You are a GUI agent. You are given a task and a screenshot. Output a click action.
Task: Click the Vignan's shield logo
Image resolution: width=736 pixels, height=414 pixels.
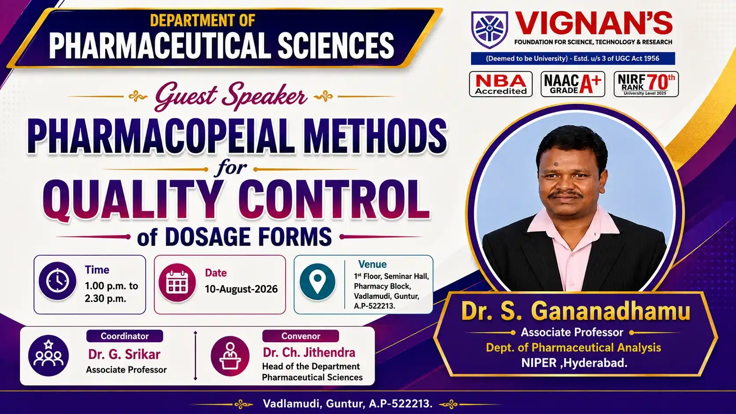(489, 29)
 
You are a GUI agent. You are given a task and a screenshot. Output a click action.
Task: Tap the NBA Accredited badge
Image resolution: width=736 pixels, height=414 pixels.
(501, 84)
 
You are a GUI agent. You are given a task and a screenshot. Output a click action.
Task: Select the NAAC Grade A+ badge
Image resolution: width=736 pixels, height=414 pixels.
(573, 84)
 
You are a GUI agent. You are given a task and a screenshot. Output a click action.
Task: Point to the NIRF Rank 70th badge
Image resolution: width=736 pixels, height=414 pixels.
(646, 84)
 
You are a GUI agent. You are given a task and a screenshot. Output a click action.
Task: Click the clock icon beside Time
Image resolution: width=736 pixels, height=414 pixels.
(58, 281)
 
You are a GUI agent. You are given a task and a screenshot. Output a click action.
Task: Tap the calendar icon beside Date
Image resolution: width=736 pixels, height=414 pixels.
(177, 283)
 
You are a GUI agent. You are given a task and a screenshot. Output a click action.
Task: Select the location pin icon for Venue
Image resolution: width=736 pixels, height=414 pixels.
(317, 282)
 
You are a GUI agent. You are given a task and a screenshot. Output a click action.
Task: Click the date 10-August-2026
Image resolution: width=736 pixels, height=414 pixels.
(241, 289)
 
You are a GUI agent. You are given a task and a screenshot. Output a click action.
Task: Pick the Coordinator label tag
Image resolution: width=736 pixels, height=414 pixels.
(125, 336)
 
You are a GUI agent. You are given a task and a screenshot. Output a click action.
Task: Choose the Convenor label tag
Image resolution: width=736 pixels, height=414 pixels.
(301, 336)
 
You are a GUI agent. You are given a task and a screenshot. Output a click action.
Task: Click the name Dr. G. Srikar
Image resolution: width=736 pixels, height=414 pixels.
(124, 354)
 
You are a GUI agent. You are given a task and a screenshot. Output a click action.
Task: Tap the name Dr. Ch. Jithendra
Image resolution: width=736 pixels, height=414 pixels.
(309, 352)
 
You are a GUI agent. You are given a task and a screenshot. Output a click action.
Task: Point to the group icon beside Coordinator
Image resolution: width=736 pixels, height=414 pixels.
(48, 355)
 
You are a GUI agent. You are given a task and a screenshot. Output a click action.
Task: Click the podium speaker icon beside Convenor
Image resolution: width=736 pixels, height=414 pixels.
(230, 356)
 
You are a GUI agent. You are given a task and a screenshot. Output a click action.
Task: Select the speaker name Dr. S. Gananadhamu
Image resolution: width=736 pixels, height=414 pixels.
(576, 311)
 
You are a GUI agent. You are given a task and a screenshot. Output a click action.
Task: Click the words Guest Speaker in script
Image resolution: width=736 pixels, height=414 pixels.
(231, 96)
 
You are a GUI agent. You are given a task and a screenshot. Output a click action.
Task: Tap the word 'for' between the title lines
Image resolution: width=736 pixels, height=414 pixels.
(231, 168)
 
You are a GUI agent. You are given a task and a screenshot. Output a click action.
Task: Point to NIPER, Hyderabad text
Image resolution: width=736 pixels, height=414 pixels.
(574, 363)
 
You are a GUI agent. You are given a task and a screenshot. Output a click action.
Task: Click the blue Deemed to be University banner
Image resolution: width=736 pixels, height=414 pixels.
(573, 59)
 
